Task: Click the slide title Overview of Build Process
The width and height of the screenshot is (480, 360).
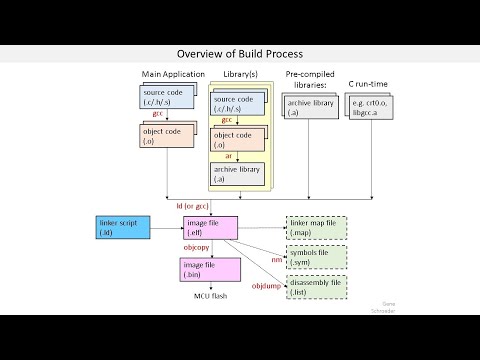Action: (240, 53)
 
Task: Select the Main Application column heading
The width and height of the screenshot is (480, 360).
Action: (173, 74)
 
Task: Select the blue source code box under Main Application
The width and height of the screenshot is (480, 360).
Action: (167, 97)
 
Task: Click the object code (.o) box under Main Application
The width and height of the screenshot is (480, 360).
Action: (167, 135)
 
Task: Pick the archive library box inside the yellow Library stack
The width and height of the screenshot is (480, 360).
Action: (238, 173)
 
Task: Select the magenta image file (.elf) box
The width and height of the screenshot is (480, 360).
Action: (209, 227)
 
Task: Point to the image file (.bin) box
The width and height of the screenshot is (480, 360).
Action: (209, 269)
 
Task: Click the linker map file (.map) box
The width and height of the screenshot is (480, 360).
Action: (315, 227)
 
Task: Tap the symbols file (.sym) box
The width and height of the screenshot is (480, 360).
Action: (315, 257)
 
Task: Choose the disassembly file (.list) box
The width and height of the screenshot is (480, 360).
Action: (315, 287)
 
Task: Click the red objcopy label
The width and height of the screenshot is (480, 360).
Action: (195, 246)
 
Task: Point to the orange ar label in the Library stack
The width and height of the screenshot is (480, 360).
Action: (230, 156)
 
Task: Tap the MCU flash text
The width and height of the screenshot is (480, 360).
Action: (211, 296)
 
